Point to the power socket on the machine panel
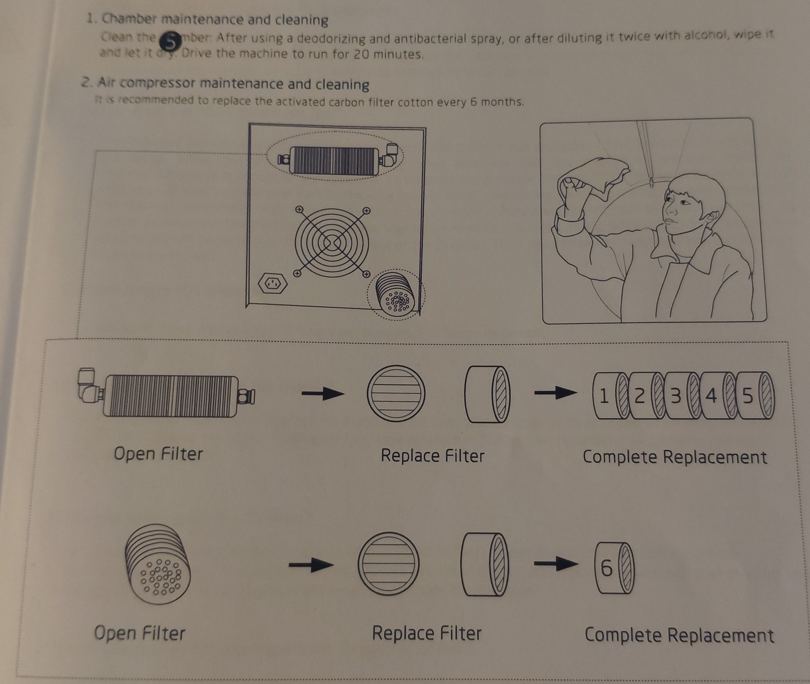[x=273, y=283]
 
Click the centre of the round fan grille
[x=332, y=243]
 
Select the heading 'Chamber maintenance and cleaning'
[x=215, y=19]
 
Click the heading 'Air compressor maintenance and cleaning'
[x=233, y=83]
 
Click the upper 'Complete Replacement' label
[x=674, y=457]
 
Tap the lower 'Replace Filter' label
[x=427, y=634]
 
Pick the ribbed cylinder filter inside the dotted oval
[x=334, y=160]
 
